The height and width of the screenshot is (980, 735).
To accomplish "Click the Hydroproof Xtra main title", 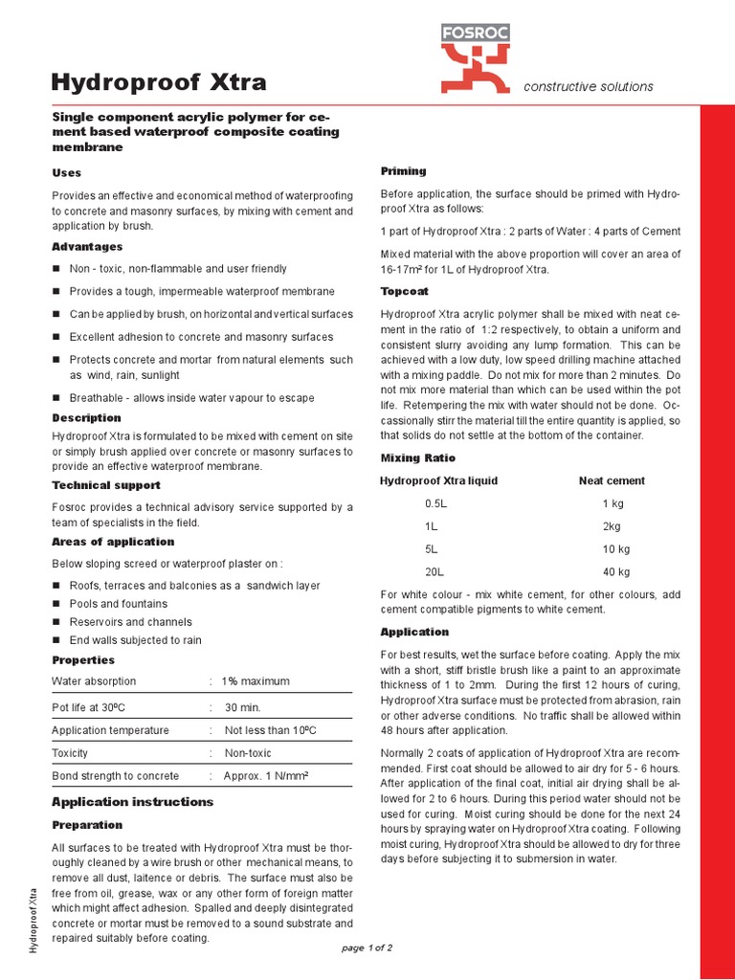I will [x=159, y=81].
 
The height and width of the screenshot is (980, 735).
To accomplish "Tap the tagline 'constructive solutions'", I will [x=589, y=87].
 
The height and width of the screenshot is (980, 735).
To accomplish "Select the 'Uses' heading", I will [x=66, y=173].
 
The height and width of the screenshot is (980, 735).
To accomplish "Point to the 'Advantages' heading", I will [x=87, y=247].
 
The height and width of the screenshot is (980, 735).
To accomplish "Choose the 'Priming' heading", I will [x=403, y=171].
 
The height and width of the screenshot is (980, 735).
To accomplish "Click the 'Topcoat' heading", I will [x=404, y=291].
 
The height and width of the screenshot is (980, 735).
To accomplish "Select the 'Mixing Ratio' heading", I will [x=419, y=457].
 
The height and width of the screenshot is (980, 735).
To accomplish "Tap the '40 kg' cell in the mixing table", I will [x=615, y=572].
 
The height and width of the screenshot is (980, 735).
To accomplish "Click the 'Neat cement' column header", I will [x=612, y=480].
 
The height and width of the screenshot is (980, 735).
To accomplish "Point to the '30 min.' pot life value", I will [x=243, y=707].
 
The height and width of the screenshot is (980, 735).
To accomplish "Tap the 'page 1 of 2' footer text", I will [x=367, y=947].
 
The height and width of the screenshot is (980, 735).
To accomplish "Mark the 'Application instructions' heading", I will [x=132, y=802].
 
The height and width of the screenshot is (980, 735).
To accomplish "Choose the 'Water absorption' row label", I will [x=94, y=681].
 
